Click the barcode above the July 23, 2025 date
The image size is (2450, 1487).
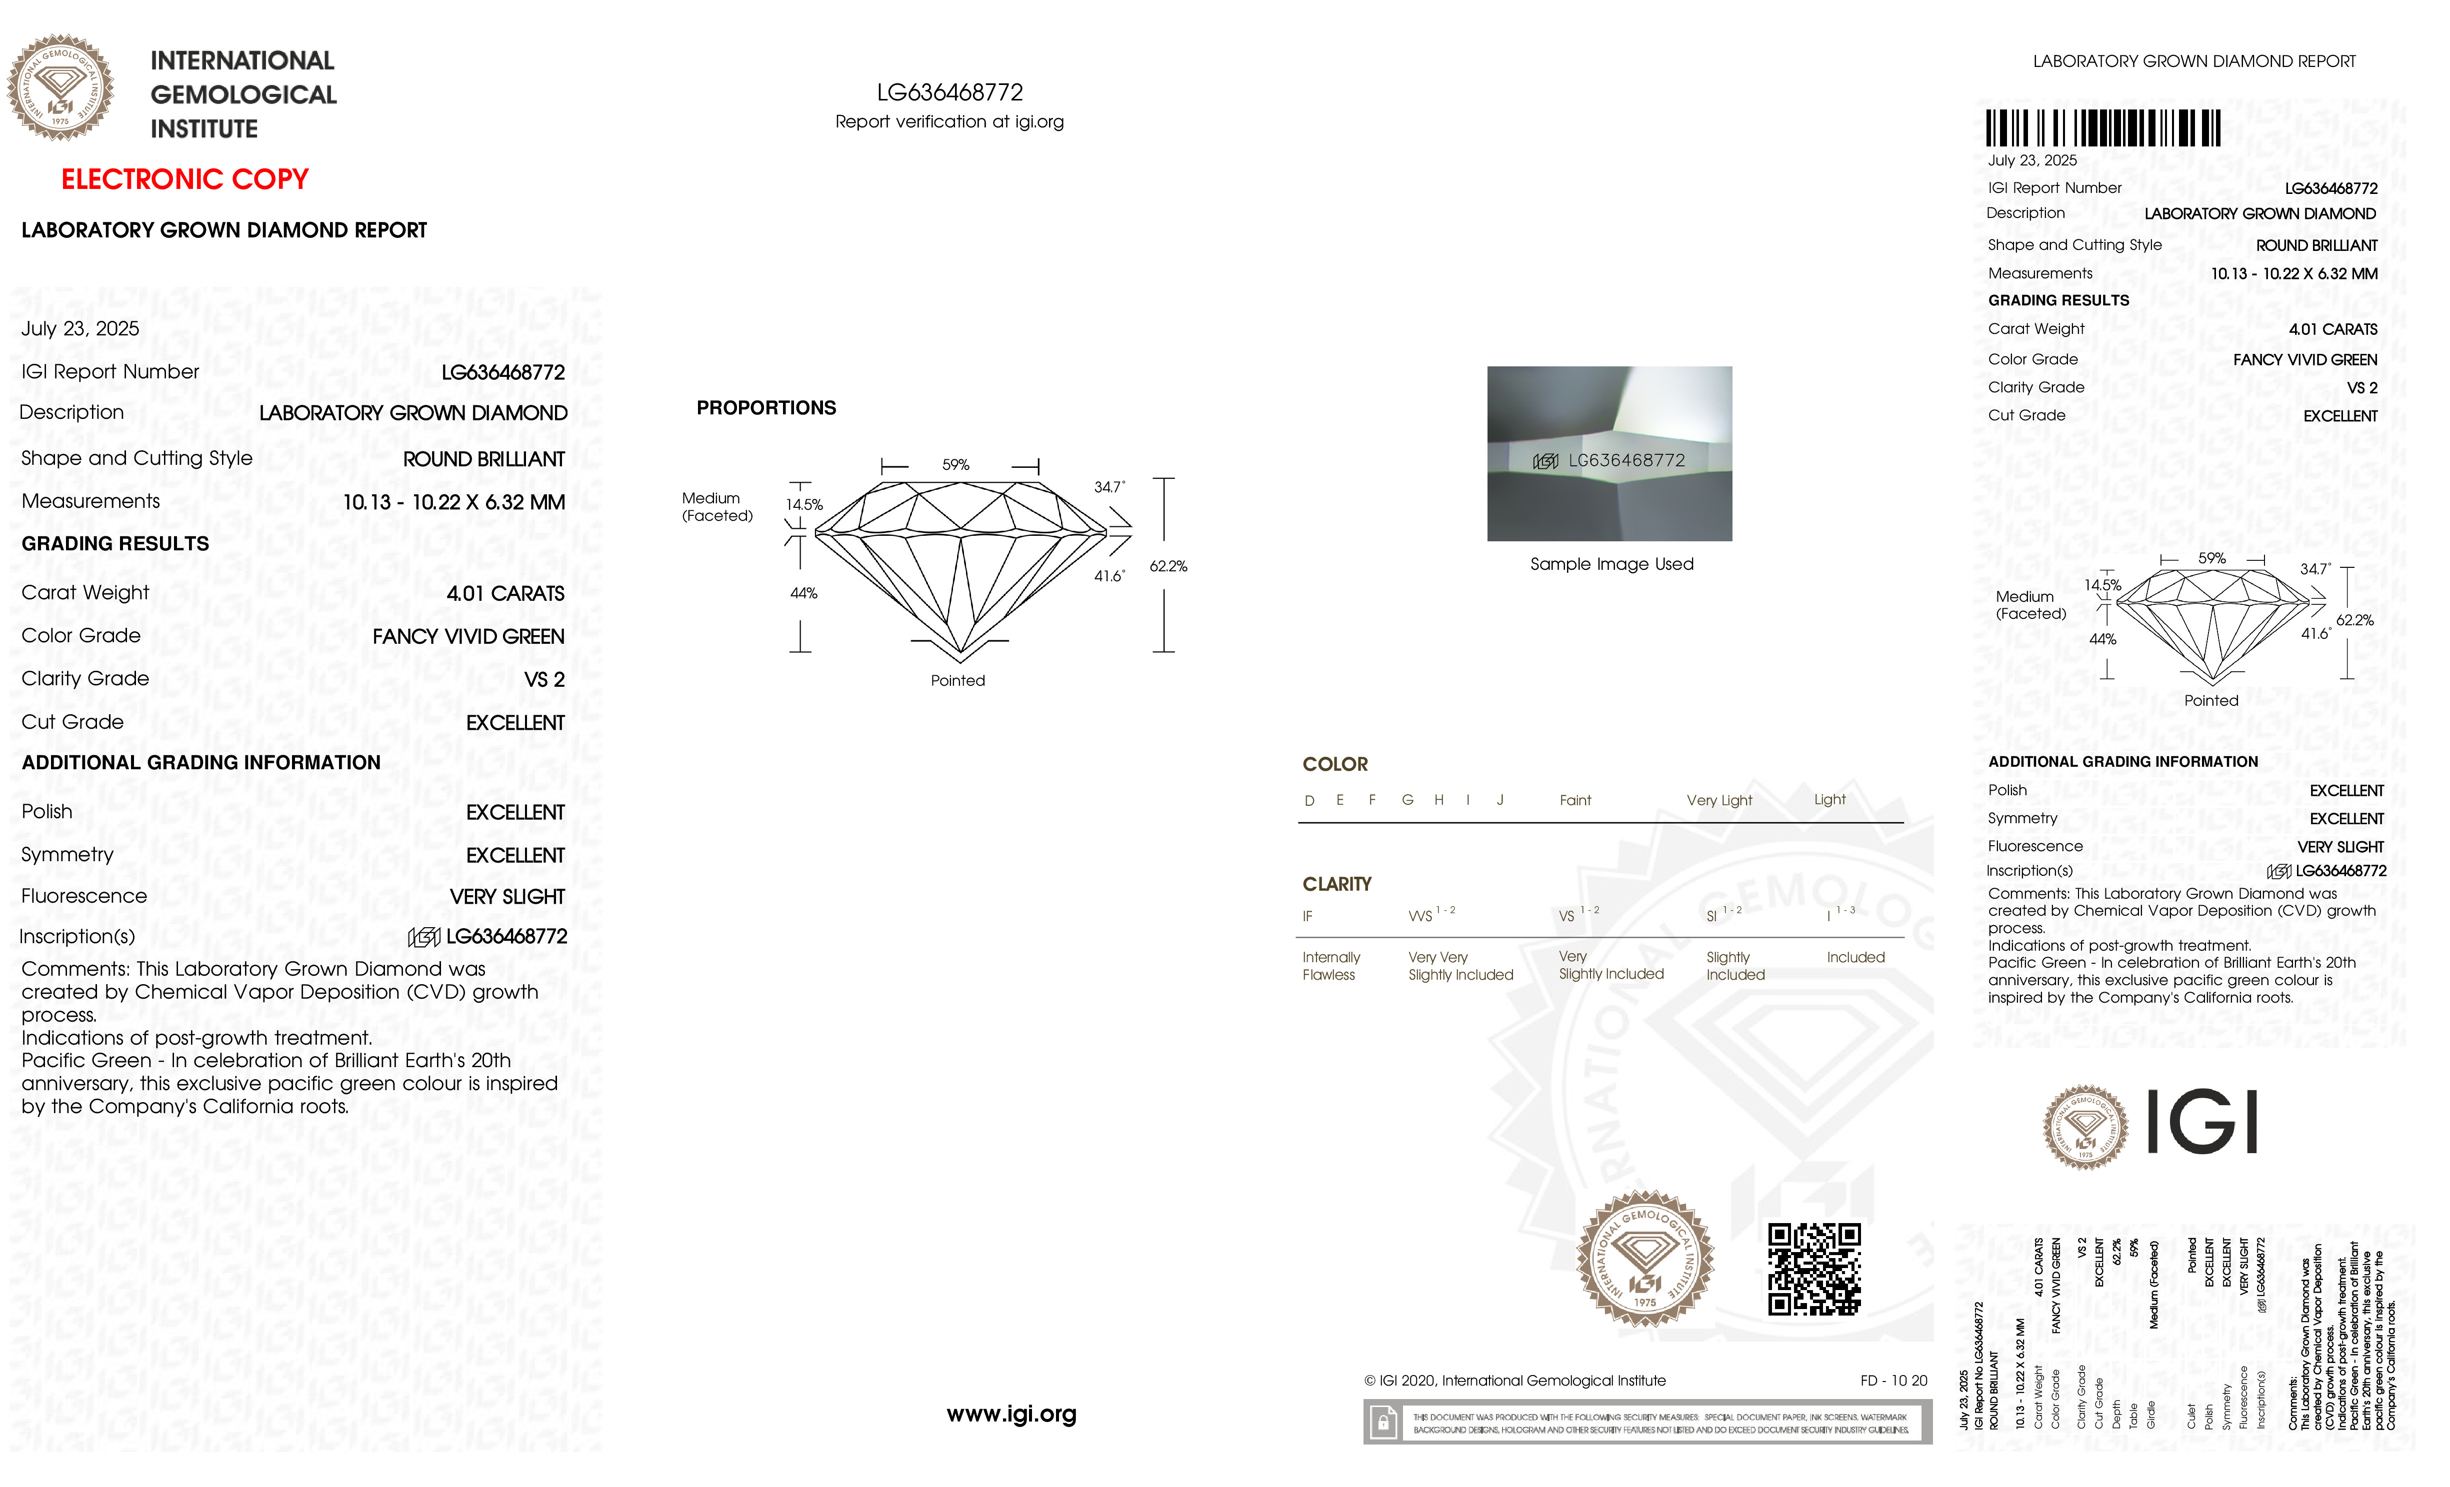point(2103,128)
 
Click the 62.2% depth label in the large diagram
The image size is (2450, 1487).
point(1168,567)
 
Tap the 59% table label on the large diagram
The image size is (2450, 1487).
point(955,465)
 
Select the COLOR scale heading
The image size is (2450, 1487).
point(1334,764)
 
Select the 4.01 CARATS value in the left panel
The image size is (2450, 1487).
point(505,593)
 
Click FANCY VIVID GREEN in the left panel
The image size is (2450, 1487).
point(468,636)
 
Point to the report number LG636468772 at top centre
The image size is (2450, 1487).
point(949,92)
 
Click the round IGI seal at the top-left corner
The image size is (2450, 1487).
point(60,87)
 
